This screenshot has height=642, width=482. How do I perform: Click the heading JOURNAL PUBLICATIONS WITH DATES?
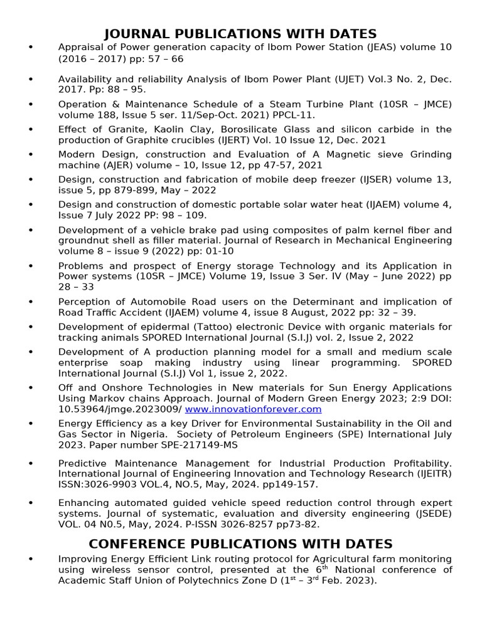(x=240, y=34)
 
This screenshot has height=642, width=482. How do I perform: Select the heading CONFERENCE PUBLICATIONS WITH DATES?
(x=240, y=544)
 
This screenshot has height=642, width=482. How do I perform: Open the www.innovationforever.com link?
(x=254, y=409)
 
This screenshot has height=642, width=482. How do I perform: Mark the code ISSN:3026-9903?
(x=94, y=485)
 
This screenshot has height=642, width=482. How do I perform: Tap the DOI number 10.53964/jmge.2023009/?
(x=120, y=409)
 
